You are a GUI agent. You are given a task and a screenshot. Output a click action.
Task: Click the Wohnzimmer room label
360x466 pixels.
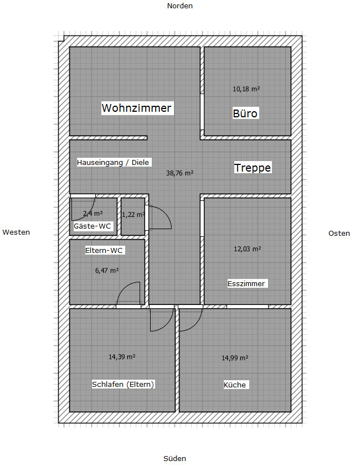click(137, 108)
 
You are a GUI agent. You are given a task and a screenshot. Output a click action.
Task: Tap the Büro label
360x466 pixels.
click(245, 113)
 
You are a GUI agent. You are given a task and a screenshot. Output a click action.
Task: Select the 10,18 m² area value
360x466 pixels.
click(246, 89)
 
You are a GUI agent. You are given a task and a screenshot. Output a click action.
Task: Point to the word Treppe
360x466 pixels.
click(253, 168)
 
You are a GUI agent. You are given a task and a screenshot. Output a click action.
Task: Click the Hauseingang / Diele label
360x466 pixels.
click(113, 163)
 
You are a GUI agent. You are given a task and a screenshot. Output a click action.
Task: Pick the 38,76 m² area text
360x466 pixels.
click(179, 173)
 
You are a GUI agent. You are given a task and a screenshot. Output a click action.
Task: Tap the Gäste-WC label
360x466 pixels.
click(92, 226)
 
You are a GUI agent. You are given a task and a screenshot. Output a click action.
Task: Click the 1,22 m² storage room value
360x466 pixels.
click(133, 214)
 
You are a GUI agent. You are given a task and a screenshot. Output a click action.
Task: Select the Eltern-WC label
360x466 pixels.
click(104, 251)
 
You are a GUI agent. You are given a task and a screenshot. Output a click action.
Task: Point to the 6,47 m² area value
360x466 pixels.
click(107, 271)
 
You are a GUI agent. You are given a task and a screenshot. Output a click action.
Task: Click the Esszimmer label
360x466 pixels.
click(246, 283)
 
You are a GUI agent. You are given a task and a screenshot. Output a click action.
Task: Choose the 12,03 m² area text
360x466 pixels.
click(247, 248)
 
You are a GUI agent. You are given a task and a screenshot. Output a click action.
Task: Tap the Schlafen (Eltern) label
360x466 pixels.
click(123, 384)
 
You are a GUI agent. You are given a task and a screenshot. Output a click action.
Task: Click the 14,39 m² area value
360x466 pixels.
click(122, 356)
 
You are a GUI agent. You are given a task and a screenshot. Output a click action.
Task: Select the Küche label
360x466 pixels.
click(235, 385)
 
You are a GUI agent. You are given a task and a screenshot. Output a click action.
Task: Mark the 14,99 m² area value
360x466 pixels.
click(235, 358)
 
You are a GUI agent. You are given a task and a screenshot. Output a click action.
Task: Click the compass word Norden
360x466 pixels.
click(179, 6)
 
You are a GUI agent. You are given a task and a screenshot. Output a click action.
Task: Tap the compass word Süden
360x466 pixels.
click(174, 459)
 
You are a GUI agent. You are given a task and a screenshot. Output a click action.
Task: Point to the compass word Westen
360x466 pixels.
click(16, 232)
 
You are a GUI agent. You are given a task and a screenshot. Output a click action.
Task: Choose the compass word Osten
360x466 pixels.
click(339, 234)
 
